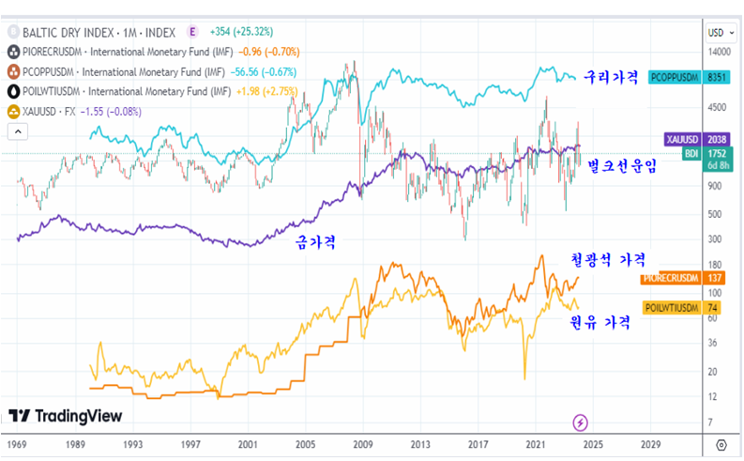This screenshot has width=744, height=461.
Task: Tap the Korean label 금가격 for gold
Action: click(316, 241)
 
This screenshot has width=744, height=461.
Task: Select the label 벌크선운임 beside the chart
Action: click(622, 165)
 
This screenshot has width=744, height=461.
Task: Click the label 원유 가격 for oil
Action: click(601, 321)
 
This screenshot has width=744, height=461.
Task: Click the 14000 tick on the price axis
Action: click(718, 53)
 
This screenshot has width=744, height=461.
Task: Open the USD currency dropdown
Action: click(717, 33)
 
